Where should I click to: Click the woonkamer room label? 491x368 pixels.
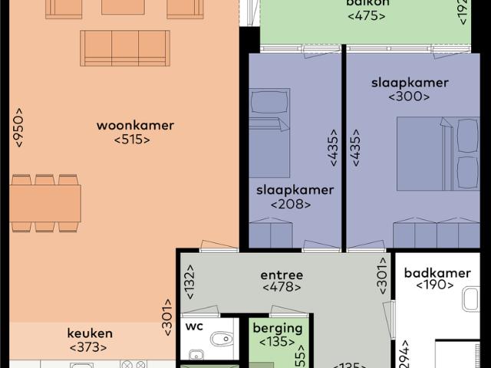click(x=135, y=125)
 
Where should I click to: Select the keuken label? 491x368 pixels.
click(x=90, y=333)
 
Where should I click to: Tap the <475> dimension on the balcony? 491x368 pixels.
click(x=366, y=15)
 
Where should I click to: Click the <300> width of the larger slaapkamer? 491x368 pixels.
click(x=409, y=97)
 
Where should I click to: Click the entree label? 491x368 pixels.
click(x=282, y=274)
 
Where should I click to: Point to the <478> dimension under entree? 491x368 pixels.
click(x=282, y=288)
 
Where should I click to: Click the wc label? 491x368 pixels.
click(x=194, y=325)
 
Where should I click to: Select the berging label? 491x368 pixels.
click(x=277, y=328)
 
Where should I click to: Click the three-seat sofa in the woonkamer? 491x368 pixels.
click(x=125, y=48)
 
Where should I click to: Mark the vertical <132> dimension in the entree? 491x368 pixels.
click(x=189, y=282)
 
